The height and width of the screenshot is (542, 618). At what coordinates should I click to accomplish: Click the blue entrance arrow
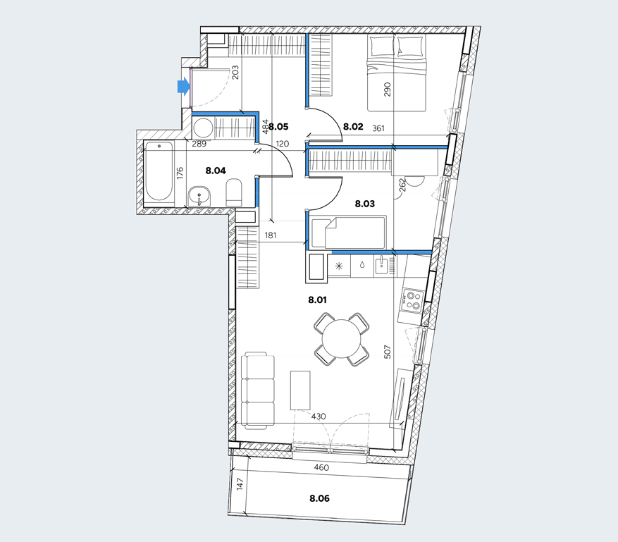[x=184, y=86]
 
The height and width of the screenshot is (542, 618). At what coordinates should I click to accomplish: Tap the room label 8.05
[x=278, y=127]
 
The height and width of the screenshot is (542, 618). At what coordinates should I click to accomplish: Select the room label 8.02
[x=353, y=127]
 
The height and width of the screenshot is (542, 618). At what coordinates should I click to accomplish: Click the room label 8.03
[x=364, y=204]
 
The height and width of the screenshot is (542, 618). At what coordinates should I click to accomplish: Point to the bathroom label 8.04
[x=216, y=171]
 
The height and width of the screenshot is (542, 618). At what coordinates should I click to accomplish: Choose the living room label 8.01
[x=317, y=300]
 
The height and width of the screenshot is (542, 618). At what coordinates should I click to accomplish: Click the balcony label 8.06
[x=319, y=498]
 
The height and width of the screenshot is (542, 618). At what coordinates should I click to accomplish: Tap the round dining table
[x=342, y=339]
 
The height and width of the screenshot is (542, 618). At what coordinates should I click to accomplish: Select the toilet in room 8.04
[x=234, y=192]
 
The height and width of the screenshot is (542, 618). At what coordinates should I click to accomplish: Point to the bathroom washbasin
[x=199, y=195]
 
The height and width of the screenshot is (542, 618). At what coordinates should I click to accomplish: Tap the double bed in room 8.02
[x=397, y=73]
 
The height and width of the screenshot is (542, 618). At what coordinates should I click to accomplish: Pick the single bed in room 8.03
[x=348, y=233]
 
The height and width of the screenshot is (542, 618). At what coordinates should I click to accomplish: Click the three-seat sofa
[x=258, y=390]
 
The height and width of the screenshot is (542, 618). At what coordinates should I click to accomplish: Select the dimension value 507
[x=387, y=352]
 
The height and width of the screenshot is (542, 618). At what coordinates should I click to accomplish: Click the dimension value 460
[x=321, y=468]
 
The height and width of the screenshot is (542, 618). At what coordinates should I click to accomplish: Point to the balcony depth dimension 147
[x=240, y=484]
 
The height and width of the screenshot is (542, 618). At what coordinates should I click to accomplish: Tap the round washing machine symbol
[x=204, y=128]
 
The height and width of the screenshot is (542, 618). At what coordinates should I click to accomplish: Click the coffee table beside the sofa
[x=300, y=390]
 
